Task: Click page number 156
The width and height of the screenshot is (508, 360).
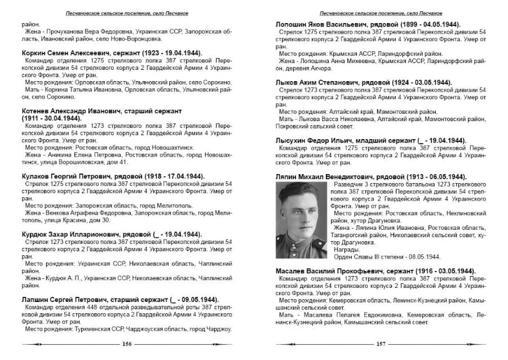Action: point(127,344)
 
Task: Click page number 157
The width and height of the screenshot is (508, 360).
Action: point(380,344)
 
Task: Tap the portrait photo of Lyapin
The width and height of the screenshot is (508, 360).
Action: point(296,221)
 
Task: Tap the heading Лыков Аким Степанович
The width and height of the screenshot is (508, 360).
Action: point(322,82)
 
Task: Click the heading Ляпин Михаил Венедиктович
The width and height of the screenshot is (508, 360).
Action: point(332,176)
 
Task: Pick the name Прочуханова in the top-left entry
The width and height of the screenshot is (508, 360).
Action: point(67,32)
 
